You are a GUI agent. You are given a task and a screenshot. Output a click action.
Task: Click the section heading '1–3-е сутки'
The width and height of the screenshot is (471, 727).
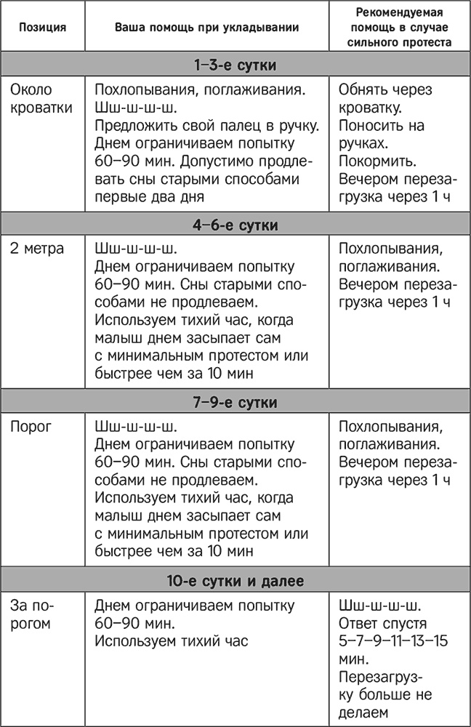[235, 65]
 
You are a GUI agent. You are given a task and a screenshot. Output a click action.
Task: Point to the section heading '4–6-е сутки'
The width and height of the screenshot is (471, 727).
[235, 225]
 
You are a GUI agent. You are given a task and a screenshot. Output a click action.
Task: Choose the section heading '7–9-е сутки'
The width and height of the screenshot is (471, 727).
[235, 401]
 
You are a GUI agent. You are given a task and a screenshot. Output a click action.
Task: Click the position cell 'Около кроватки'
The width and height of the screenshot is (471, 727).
[41, 99]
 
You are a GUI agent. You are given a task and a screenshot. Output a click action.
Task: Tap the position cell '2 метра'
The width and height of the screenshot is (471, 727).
[37, 249]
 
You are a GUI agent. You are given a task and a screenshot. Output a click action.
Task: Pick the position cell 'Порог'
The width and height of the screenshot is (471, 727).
[31, 426]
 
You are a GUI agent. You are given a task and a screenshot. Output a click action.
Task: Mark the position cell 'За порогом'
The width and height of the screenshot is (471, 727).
[33, 614]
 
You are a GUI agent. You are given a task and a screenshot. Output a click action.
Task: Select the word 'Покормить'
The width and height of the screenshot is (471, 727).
[375, 160]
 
